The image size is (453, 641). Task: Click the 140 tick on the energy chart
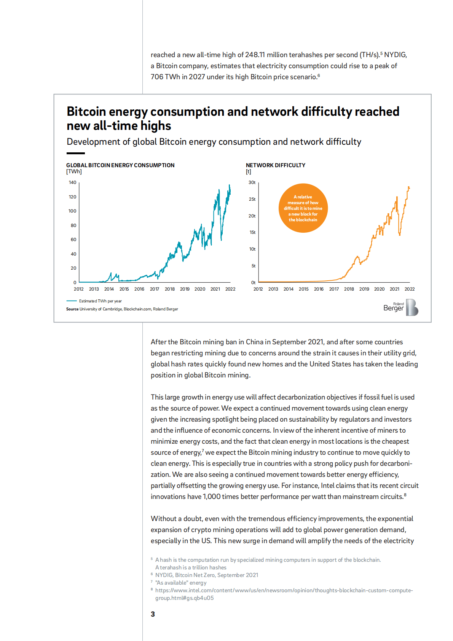tap(72, 182)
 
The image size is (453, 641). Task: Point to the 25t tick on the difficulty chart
tap(252, 199)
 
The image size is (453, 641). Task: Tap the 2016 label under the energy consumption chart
tap(139, 289)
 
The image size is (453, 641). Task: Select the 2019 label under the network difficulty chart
tap(364, 289)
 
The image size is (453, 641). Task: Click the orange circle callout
tap(303, 208)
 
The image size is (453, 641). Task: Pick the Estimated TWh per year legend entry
tap(100, 301)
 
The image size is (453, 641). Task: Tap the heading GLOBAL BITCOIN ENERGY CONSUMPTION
tap(120, 165)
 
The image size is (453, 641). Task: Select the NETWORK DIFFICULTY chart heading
tap(276, 165)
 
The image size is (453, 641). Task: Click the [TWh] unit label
tap(74, 172)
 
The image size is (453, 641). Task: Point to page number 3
tap(153, 614)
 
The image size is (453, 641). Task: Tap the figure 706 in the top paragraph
tap(157, 77)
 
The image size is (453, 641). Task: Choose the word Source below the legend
tap(72, 309)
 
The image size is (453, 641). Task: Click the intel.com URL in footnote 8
tap(284, 590)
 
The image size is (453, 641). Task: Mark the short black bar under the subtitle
tap(76, 153)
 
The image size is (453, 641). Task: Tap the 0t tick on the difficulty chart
tap(253, 283)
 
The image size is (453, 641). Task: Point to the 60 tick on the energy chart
tap(73, 240)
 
